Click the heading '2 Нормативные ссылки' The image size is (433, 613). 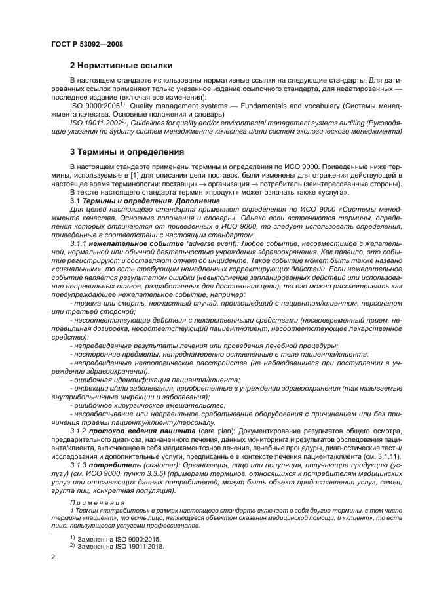[121, 66]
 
